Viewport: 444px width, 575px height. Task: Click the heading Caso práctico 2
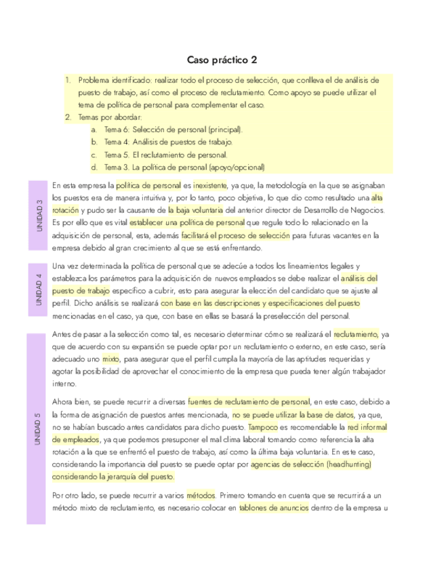pos(222,60)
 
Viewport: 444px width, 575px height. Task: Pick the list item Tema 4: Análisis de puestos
pos(168,142)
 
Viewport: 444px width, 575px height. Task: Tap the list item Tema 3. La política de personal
pos(184,167)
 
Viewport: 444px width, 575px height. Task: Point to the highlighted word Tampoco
pos(262,428)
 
